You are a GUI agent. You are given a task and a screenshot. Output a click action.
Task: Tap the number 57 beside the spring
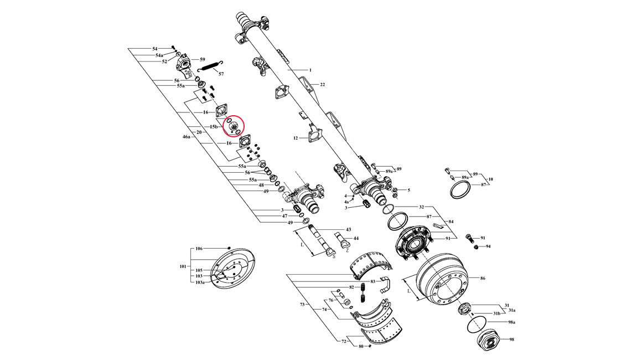[x=221, y=74]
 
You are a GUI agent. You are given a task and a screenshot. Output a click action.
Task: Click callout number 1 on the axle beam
[x=310, y=70]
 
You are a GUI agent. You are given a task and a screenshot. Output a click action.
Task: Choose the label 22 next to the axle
[x=322, y=84]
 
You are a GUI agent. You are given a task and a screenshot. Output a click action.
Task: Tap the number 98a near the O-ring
[x=512, y=322]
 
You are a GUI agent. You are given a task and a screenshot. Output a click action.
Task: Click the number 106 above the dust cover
[x=199, y=249]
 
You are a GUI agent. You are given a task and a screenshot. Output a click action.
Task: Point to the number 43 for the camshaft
[x=348, y=229]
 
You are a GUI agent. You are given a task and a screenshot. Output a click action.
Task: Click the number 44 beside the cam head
[x=356, y=238]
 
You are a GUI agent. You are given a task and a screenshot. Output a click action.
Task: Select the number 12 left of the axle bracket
[x=296, y=138]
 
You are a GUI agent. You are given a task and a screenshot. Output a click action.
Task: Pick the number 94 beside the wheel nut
[x=488, y=246]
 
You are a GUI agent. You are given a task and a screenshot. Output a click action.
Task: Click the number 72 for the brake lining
[x=343, y=342]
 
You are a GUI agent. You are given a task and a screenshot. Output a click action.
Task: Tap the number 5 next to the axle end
[x=408, y=191]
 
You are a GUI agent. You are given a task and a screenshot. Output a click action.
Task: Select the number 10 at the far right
[x=490, y=179]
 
